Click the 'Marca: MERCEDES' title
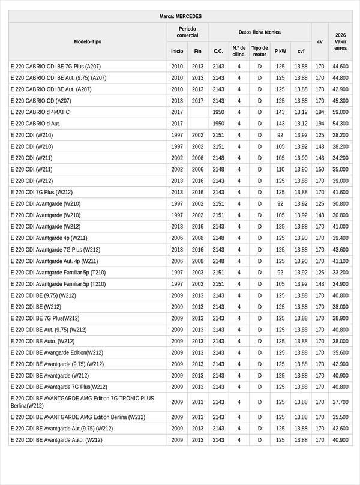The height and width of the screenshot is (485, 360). coord(181,16)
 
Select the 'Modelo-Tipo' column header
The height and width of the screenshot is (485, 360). coord(88,41)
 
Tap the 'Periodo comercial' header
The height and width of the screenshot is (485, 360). coord(187,32)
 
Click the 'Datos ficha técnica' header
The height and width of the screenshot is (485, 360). coord(259,32)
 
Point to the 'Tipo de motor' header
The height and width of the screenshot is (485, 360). coord(259,51)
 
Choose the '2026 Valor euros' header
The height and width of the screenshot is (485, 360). coord(340,41)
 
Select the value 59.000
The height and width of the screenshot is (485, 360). coord(340,112)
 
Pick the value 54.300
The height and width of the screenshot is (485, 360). coord(340,124)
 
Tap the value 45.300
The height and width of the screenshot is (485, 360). coord(340,101)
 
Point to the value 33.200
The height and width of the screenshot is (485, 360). coord(340,273)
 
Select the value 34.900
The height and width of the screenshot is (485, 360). coord(340,284)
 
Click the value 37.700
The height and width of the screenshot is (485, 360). coord(340,402)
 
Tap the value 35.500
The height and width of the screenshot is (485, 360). coord(340,417)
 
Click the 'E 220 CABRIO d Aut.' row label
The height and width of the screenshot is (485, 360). coord(35,124)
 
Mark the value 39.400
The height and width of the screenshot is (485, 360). coord(340,238)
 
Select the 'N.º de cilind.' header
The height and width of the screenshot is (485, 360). coord(239,51)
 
